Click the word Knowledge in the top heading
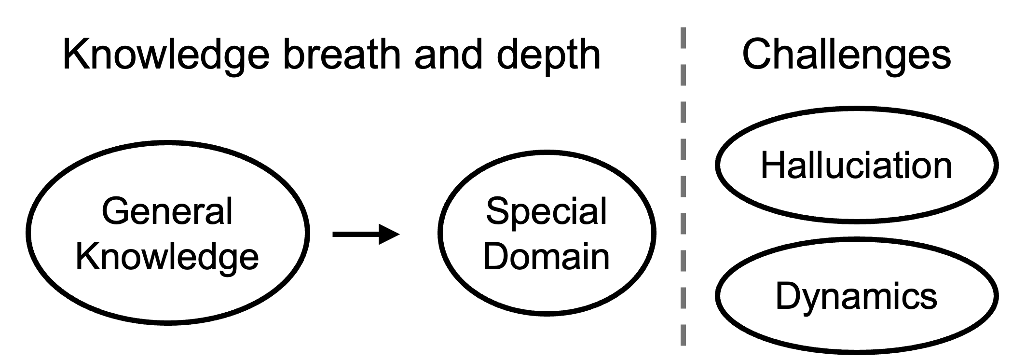(x=166, y=55)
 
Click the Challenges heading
(x=846, y=55)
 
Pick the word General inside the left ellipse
(x=167, y=211)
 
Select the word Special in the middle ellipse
(x=546, y=211)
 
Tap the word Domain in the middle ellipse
(x=546, y=256)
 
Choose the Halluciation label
(x=856, y=166)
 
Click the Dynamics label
(x=856, y=296)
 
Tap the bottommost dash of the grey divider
(x=683, y=335)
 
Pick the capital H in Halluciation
(x=773, y=166)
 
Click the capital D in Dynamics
(x=788, y=296)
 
